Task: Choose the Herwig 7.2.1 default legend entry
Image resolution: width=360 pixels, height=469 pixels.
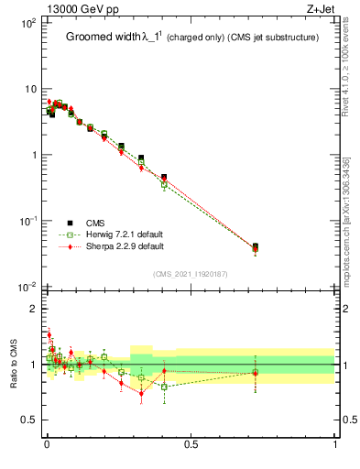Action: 125,234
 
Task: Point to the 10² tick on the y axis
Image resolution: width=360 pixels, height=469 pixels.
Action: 27,22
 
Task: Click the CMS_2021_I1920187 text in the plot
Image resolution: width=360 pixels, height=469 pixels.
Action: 190,274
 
